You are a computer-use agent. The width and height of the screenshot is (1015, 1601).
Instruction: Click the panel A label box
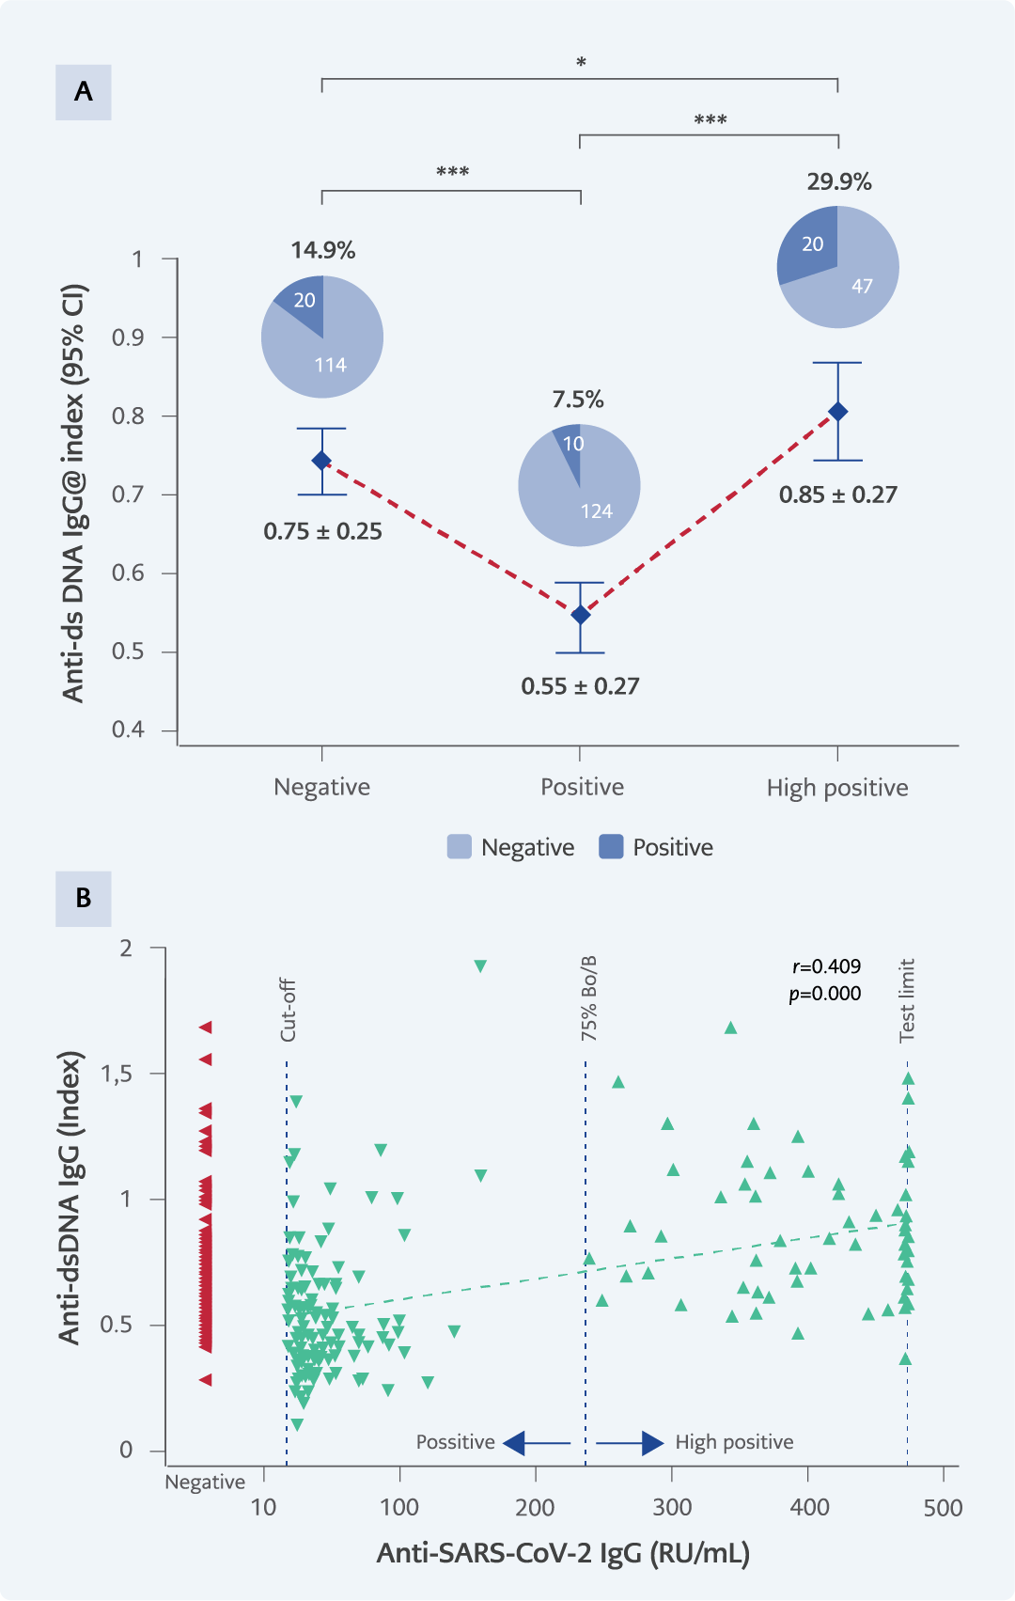point(83,92)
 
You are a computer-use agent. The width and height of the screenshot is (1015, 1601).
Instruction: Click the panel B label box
point(83,898)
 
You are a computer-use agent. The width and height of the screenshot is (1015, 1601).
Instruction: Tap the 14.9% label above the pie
point(322,250)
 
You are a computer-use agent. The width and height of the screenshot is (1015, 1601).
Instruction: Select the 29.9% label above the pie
point(838,181)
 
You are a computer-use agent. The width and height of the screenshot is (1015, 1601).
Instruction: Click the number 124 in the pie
point(596,511)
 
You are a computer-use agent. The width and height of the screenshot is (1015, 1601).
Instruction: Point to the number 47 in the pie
point(862,286)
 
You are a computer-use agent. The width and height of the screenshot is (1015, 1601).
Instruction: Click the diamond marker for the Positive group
point(580,615)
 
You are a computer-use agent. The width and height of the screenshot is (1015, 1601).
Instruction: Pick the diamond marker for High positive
point(837,412)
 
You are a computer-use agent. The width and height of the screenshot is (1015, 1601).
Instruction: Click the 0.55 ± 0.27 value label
point(580,686)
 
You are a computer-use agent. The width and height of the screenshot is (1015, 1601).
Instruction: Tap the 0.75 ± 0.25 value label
point(322,531)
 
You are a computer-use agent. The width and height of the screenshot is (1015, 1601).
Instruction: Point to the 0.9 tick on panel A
point(128,337)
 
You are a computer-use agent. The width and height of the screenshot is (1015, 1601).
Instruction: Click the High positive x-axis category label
point(837,788)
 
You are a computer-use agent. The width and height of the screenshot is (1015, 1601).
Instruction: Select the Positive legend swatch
point(611,847)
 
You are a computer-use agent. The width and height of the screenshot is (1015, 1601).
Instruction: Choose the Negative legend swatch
point(459,847)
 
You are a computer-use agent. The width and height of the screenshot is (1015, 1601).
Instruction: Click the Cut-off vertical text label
point(288,1010)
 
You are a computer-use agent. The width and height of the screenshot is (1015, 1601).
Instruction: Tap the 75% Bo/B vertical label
point(588,998)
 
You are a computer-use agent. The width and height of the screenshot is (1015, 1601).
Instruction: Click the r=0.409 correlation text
point(826,966)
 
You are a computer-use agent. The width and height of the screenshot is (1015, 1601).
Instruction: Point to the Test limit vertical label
point(907,1000)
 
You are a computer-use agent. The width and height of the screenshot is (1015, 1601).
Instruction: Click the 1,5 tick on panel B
point(117,1074)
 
